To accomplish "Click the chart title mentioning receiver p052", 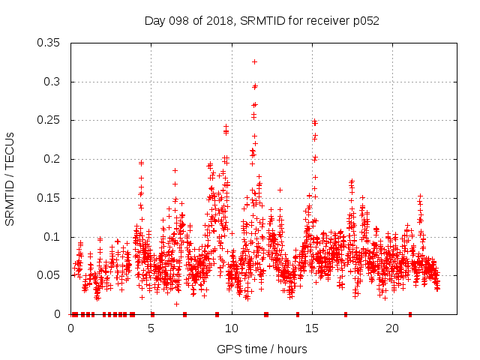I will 262,21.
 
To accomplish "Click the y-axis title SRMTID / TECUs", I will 10,179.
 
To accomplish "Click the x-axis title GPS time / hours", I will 262,349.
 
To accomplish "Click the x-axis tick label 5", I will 151,328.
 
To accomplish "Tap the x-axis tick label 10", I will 232,328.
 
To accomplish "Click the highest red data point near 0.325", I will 254,61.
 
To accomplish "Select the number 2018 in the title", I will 211,21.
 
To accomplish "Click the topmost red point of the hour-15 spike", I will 315,121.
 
